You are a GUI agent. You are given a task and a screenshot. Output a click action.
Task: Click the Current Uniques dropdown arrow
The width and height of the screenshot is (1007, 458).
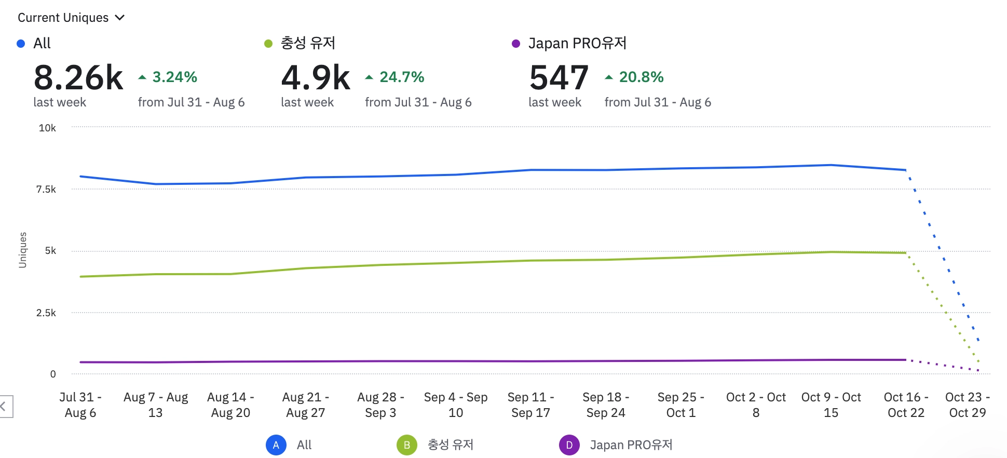(120, 18)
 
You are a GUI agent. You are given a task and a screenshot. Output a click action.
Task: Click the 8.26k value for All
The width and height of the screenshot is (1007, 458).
(78, 78)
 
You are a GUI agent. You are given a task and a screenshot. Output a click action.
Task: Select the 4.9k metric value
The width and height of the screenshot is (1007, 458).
(316, 78)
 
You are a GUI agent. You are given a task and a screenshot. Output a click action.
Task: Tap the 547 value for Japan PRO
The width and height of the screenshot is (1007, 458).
(559, 78)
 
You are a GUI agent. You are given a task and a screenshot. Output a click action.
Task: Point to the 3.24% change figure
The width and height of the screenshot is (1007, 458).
(174, 77)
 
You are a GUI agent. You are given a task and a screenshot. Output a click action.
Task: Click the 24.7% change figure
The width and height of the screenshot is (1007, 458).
(402, 77)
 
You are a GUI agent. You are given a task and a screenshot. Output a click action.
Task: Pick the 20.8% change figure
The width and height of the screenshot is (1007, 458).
(641, 77)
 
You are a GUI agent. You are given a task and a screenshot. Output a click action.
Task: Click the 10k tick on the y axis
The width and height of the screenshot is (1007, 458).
(47, 128)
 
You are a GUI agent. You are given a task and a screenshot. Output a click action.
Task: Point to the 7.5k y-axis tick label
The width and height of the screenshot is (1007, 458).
(46, 190)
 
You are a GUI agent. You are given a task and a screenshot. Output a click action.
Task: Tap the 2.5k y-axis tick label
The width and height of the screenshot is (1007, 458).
(46, 313)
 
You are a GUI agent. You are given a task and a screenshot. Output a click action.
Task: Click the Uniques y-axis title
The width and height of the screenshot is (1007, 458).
(22, 250)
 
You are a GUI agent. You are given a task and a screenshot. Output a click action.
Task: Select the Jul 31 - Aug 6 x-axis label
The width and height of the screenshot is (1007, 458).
(80, 405)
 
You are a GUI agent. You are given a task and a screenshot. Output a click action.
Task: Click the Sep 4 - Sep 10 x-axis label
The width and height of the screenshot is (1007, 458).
(456, 405)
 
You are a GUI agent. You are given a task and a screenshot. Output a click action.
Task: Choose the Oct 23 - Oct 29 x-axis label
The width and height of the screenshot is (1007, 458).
(968, 405)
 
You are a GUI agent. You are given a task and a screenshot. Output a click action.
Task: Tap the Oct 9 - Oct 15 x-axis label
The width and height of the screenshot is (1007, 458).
(831, 405)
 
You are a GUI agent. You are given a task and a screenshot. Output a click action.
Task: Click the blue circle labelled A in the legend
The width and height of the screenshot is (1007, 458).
(276, 445)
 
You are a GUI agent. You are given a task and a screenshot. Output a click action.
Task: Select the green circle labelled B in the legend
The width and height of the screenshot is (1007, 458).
(407, 445)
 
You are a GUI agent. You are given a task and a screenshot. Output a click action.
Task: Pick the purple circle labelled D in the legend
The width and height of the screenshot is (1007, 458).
(569, 445)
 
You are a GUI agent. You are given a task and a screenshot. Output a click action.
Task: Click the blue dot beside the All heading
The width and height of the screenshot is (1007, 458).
(21, 44)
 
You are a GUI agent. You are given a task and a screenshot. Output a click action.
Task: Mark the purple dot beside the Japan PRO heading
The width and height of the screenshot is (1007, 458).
(516, 44)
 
